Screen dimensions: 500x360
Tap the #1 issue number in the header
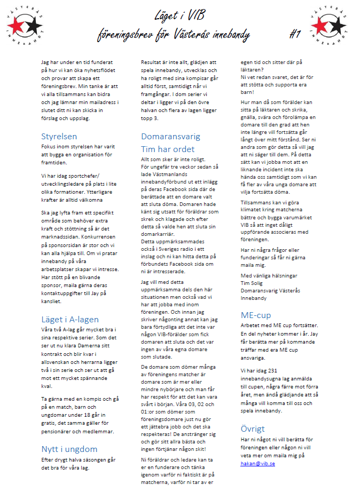coord(295,35)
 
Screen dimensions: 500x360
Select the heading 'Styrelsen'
coord(59,136)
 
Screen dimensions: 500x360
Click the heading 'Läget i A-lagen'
coord(70,319)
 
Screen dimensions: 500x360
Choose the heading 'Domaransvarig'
coord(170,136)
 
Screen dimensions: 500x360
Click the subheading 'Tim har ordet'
coord(167,149)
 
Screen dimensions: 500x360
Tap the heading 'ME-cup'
coord(255,315)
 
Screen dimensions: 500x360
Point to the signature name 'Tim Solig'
coord(253,283)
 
